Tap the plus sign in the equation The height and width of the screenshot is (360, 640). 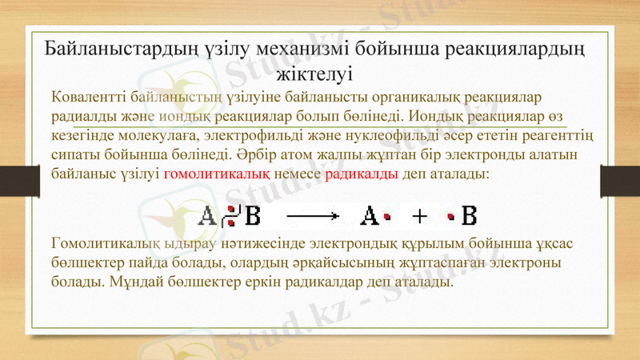(419, 216)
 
